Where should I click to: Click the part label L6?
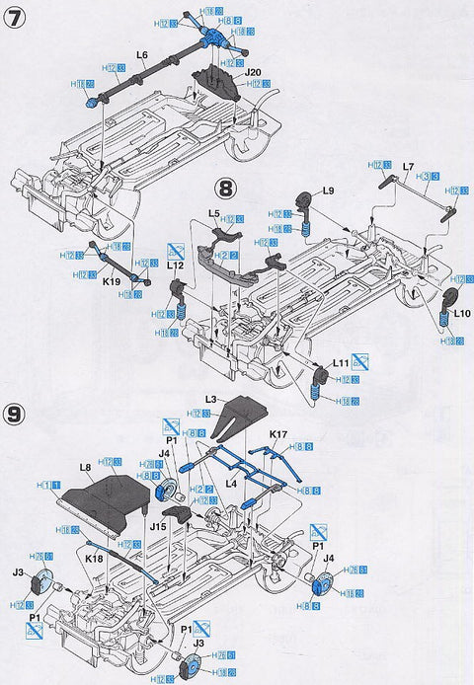(142, 55)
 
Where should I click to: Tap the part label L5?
(214, 211)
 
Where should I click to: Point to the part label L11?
(341, 364)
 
